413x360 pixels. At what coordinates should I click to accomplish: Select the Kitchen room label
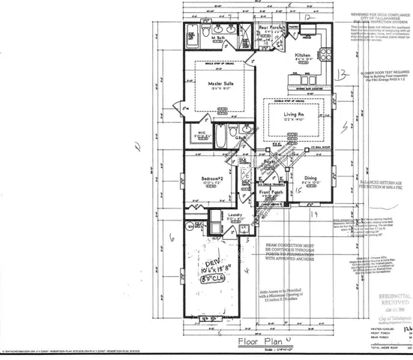[303, 55]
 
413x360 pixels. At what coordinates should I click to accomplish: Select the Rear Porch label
[270, 28]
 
